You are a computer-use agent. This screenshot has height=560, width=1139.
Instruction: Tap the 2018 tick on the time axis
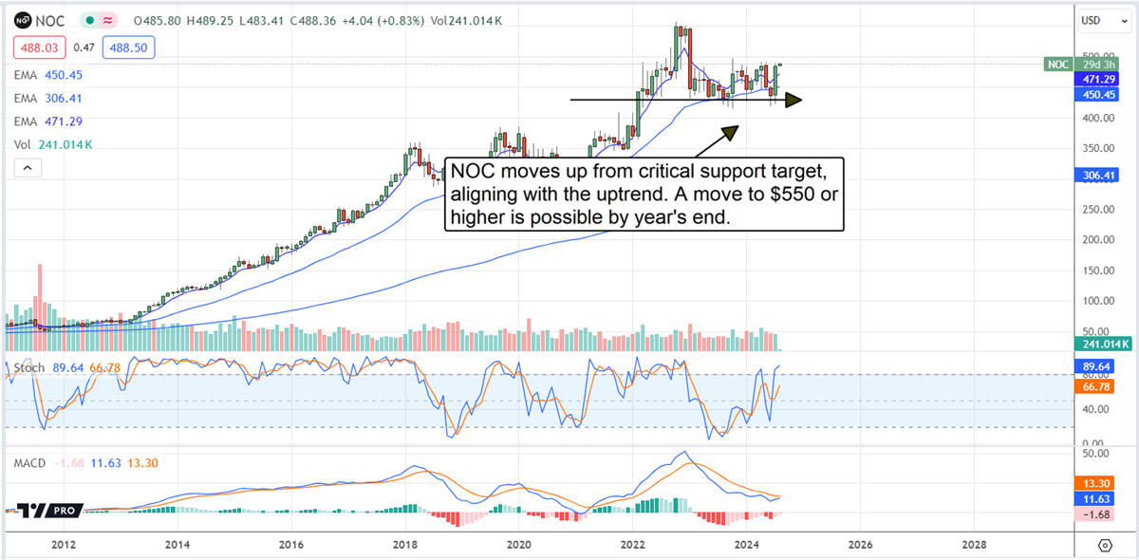click(x=405, y=545)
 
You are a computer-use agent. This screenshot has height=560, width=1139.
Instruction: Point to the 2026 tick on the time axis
click(x=860, y=545)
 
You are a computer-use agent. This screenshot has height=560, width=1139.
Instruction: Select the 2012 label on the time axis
click(x=64, y=545)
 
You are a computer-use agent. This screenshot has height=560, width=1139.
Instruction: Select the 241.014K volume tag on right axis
click(x=1105, y=345)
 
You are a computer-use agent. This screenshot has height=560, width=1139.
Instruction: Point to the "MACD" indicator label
click(x=30, y=462)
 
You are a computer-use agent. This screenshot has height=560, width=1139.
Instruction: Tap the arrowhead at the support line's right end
click(x=794, y=100)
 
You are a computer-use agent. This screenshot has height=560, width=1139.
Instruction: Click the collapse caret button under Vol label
click(x=28, y=168)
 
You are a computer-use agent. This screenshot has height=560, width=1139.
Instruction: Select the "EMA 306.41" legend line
click(x=48, y=98)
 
